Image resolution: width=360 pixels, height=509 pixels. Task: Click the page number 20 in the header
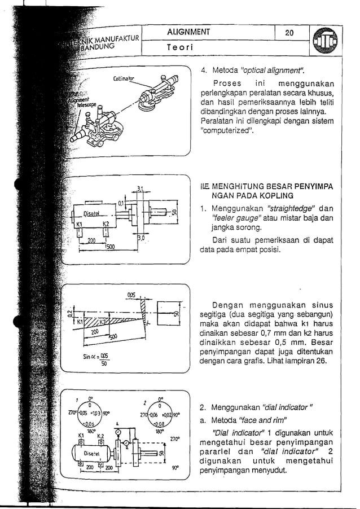pyautogui.click(x=289, y=33)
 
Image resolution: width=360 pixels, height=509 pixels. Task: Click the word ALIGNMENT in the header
pyautogui.click(x=188, y=33)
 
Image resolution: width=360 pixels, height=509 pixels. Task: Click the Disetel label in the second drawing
pyautogui.click(x=91, y=213)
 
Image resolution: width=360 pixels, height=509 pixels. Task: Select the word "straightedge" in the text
pyautogui.click(x=290, y=208)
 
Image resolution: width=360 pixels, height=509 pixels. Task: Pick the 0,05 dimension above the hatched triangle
pyautogui.click(x=132, y=295)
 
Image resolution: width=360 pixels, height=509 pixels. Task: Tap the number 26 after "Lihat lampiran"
pyautogui.click(x=321, y=360)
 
